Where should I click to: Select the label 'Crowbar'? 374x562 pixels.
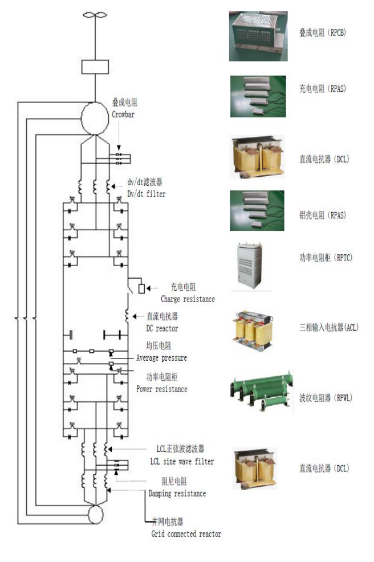tap(124, 113)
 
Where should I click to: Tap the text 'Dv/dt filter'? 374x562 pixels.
tap(147, 194)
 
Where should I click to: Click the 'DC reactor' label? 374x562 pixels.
tap(162, 329)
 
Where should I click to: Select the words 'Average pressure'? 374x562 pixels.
tap(161, 358)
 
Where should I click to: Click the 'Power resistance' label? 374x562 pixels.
tap(162, 389)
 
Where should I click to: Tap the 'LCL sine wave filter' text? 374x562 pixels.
tap(182, 461)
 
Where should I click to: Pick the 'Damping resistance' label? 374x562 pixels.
tap(177, 493)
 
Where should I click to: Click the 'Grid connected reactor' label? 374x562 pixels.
tap(186, 534)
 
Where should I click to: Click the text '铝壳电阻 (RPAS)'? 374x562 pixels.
tap(322, 215)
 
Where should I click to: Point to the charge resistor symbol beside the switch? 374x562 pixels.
tap(141, 288)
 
